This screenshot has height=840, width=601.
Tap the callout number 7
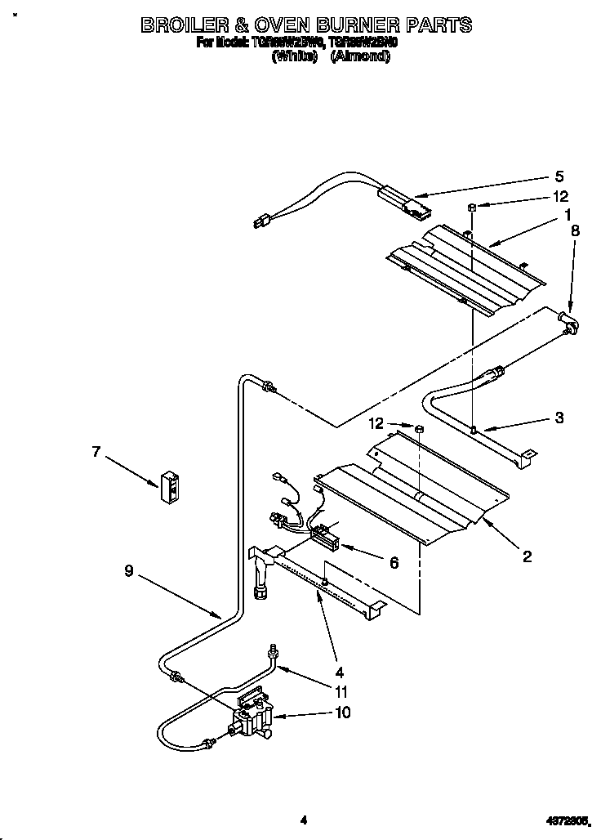pos(96,451)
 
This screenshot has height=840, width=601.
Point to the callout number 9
pos(129,572)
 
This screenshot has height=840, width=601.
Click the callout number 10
pos(343,713)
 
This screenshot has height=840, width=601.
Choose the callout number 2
pos(527,556)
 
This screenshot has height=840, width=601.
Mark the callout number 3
pos(559,418)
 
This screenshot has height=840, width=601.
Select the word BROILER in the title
pos(192,25)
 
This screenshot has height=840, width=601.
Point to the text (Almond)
pos(360,57)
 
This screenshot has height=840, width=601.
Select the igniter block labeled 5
pos(401,202)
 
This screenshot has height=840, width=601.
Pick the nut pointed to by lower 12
pos(418,428)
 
